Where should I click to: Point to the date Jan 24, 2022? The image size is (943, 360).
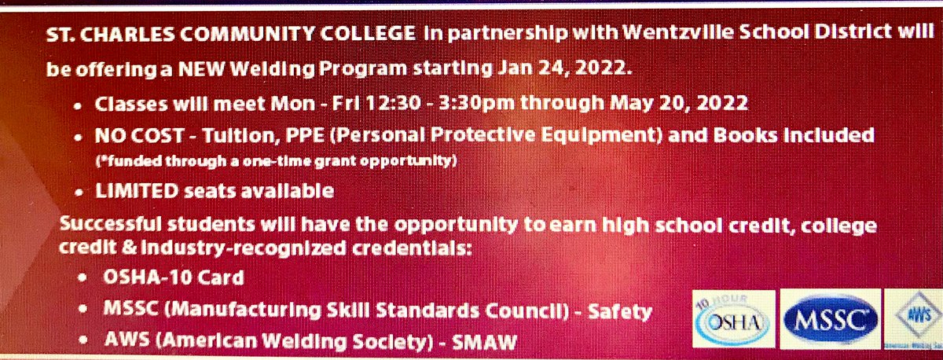point(564,69)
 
